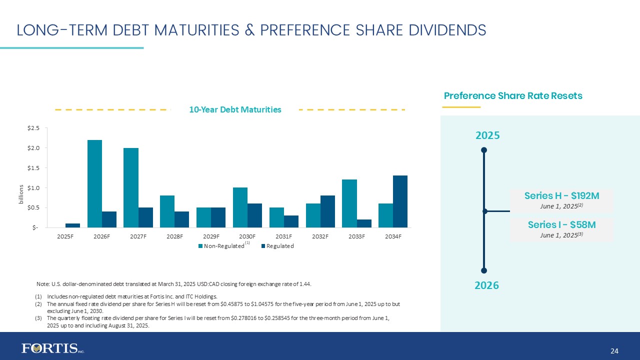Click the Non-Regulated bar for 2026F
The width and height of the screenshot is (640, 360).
[94, 183]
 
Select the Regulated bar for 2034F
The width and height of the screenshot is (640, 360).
[400, 201]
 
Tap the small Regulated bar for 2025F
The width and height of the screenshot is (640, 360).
[72, 225]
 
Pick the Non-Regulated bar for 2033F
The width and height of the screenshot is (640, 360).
[349, 203]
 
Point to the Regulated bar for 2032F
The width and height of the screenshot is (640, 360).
[327, 211]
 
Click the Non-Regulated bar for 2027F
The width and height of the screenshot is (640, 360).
[131, 187]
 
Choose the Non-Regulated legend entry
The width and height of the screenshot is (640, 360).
[220, 246]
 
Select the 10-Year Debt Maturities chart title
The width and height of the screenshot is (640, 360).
[234, 109]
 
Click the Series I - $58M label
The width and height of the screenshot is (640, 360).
[561, 225]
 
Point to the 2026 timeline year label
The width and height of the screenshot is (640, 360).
[486, 285]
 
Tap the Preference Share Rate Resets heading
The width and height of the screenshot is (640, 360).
[513, 96]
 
